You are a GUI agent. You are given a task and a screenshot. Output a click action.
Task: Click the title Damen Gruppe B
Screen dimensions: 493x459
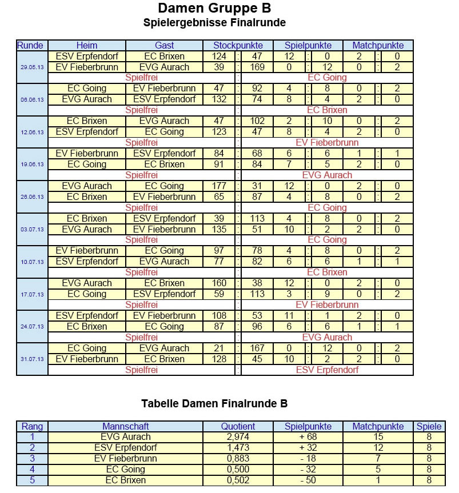click(214, 8)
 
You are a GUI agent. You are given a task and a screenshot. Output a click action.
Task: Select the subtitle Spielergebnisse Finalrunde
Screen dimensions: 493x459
click(214, 23)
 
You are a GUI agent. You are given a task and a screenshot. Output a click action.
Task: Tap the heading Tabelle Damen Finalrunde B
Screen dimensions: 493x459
click(214, 404)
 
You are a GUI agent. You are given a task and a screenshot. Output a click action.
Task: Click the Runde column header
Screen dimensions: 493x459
click(32, 45)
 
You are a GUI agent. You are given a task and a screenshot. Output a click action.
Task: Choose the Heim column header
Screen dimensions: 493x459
click(87, 45)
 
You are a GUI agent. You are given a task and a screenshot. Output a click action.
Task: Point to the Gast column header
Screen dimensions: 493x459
click(165, 45)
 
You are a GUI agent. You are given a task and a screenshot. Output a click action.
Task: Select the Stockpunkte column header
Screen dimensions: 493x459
click(238, 45)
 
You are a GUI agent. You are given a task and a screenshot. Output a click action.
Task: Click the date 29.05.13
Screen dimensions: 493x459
click(32, 67)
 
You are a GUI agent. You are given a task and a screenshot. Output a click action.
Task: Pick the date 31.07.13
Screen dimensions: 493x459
click(32, 359)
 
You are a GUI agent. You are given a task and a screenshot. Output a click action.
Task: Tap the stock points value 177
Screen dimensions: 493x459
click(219, 186)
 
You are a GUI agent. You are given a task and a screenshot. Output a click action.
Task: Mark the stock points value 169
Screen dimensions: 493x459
click(257, 67)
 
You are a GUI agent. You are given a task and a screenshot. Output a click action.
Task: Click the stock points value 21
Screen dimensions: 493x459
click(219, 348)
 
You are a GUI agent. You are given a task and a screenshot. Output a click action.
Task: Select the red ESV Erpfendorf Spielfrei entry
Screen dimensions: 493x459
click(327, 370)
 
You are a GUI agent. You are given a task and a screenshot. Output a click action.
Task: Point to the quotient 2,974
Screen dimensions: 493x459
click(238, 437)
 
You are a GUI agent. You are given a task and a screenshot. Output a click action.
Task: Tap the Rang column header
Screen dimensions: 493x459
click(32, 426)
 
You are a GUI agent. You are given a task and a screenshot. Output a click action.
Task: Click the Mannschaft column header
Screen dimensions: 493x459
click(126, 426)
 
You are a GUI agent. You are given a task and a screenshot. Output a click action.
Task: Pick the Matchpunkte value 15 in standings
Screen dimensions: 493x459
click(378, 437)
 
